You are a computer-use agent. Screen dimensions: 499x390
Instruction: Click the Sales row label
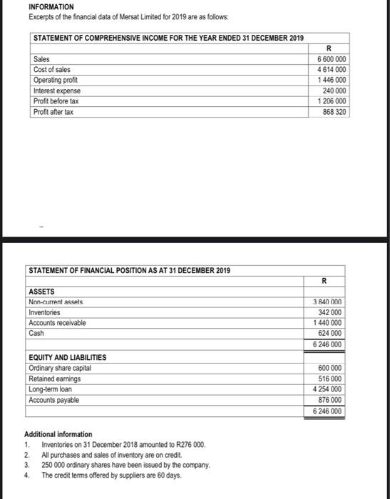coord(41,59)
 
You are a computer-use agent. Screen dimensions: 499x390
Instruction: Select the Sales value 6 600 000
coord(333,59)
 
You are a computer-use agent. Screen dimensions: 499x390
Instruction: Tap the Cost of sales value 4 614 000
coord(333,70)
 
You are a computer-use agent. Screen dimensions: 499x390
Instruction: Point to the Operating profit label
coord(54,81)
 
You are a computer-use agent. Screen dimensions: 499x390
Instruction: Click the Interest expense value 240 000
coord(335,91)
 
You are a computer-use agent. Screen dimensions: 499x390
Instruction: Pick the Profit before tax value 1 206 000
coord(333,102)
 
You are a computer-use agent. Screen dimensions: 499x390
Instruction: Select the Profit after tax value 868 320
coord(335,113)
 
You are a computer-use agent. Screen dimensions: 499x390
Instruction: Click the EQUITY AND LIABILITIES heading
coord(67,357)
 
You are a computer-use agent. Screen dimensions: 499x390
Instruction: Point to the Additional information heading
coord(58,433)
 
